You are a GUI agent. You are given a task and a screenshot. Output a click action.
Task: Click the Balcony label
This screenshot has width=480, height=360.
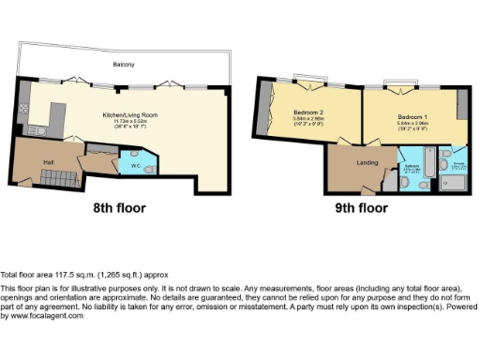click(125, 65)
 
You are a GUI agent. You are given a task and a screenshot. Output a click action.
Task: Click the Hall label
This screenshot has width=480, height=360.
click(47, 161)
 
